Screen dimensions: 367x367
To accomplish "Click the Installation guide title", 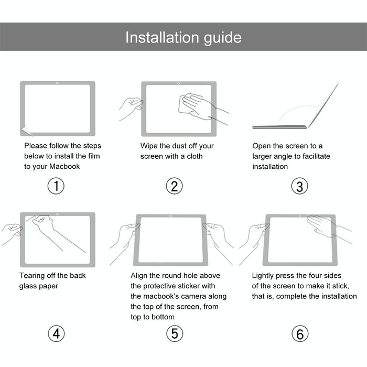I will [x=183, y=37].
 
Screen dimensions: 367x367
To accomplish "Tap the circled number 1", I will [x=56, y=186].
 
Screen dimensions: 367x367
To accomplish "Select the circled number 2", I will [x=174, y=186].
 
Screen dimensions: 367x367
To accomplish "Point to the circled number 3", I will [x=299, y=186].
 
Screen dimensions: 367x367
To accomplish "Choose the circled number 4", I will [x=56, y=333].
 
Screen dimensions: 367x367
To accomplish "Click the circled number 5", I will [x=174, y=333].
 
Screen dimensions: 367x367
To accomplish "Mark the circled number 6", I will [x=299, y=333].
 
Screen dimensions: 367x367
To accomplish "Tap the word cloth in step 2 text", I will [x=193, y=156].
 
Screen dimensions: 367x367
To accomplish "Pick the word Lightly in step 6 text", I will [x=264, y=276].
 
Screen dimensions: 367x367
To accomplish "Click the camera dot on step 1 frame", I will [x=57, y=83].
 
